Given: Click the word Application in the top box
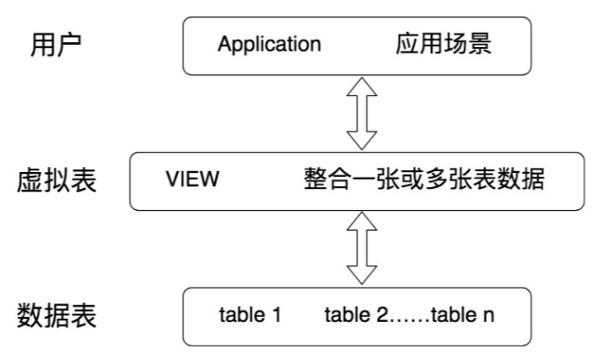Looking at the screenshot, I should (269, 44).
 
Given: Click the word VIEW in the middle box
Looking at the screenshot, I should (193, 180).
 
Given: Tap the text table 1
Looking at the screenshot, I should (250, 317).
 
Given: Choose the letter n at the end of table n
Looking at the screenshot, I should (489, 318).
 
